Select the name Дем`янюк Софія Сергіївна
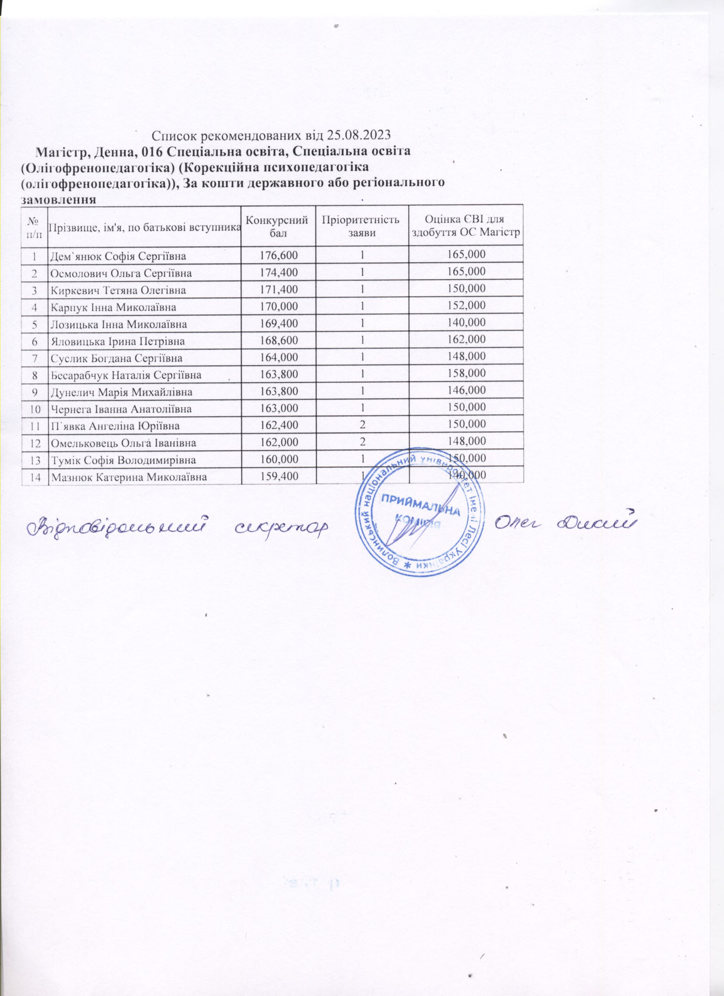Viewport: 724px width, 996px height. (118, 256)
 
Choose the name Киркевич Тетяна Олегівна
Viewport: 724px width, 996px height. (118, 290)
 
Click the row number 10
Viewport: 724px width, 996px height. (34, 409)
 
